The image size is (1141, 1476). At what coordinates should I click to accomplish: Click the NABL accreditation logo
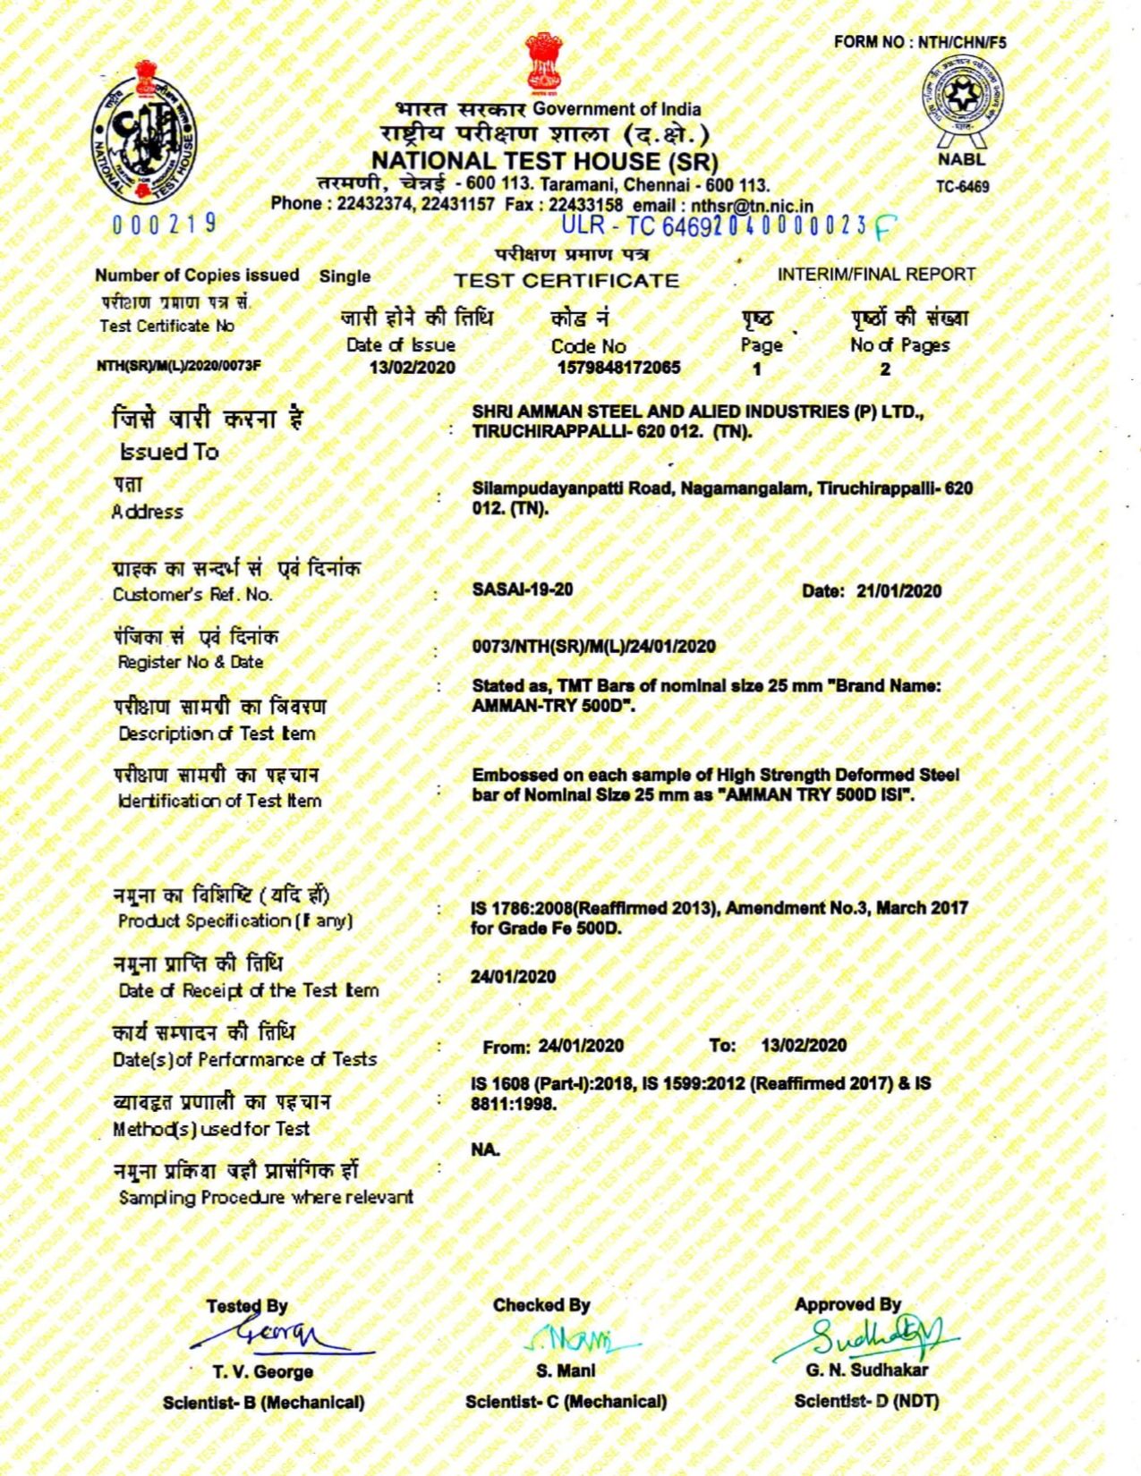pyautogui.click(x=963, y=99)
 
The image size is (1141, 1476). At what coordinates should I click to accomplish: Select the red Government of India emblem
pyautogui.click(x=543, y=62)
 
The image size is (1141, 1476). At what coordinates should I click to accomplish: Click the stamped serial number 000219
pyautogui.click(x=166, y=224)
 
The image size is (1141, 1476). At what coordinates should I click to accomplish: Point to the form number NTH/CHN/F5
pyautogui.click(x=920, y=41)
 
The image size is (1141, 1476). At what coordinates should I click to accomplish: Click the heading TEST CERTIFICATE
pyautogui.click(x=566, y=281)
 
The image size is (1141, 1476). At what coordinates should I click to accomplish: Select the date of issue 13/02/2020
pyautogui.click(x=412, y=368)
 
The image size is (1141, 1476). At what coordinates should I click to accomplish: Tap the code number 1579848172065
pyautogui.click(x=618, y=368)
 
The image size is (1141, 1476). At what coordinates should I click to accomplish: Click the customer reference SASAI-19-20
pyautogui.click(x=523, y=590)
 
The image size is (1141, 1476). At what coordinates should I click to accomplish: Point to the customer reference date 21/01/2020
pyautogui.click(x=898, y=591)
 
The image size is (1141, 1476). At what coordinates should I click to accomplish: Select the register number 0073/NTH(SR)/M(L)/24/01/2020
pyautogui.click(x=593, y=647)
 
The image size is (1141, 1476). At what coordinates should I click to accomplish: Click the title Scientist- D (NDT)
pyautogui.click(x=866, y=1401)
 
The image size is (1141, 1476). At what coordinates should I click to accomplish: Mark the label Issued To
pyautogui.click(x=170, y=452)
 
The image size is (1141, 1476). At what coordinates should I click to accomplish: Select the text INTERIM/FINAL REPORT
pyautogui.click(x=876, y=275)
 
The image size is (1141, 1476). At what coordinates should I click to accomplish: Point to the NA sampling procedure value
pyautogui.click(x=485, y=1149)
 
